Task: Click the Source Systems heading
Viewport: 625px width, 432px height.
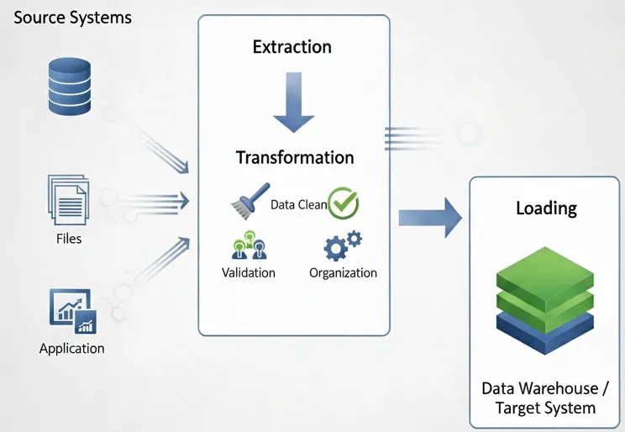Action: (72, 18)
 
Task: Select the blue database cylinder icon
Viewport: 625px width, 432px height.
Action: (69, 87)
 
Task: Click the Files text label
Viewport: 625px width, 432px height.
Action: (69, 239)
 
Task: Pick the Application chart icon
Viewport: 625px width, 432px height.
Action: (71, 312)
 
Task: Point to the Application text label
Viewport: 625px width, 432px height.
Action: (71, 348)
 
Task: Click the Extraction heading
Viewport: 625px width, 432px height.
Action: (292, 47)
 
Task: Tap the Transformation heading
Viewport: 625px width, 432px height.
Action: (294, 158)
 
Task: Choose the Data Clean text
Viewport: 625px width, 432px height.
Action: (298, 204)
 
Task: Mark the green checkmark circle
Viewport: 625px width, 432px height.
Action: (343, 203)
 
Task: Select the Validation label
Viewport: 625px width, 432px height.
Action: (248, 272)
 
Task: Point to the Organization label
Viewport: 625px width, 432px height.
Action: (343, 272)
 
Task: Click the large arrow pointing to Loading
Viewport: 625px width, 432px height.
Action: (430, 219)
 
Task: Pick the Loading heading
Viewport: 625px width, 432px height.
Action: (546, 208)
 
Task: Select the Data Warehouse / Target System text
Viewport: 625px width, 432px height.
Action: (546, 398)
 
